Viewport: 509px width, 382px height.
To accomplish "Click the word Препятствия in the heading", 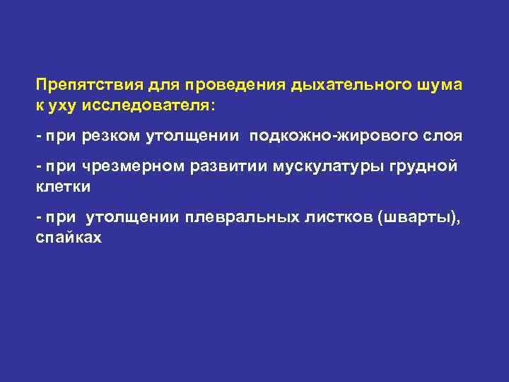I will (89, 86).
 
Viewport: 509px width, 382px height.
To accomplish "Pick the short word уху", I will (63, 105).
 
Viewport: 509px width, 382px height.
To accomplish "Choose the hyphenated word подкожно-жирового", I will (332, 136).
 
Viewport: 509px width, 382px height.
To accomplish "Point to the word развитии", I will (223, 166).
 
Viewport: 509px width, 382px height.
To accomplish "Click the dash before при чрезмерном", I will (40, 166).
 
